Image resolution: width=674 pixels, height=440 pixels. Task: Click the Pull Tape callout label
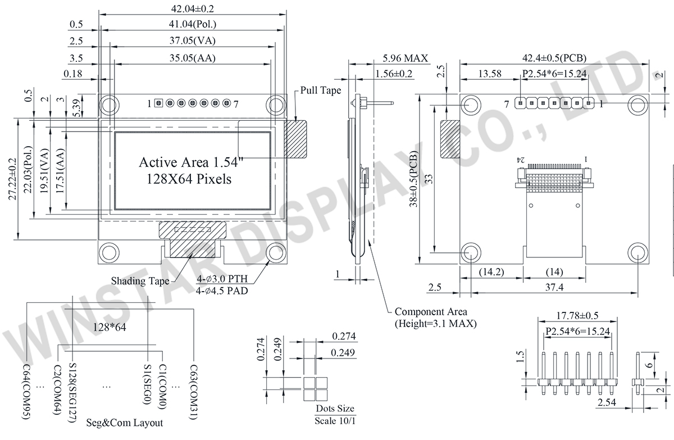click(321, 90)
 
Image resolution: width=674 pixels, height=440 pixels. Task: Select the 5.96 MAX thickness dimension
click(405, 58)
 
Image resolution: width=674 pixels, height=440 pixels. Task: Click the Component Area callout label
click(431, 312)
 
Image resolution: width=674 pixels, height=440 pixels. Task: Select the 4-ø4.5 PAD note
click(222, 291)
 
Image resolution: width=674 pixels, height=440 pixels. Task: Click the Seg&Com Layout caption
click(125, 423)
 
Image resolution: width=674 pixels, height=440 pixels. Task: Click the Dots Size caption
click(335, 409)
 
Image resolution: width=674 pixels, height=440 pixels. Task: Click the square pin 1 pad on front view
click(159, 103)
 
